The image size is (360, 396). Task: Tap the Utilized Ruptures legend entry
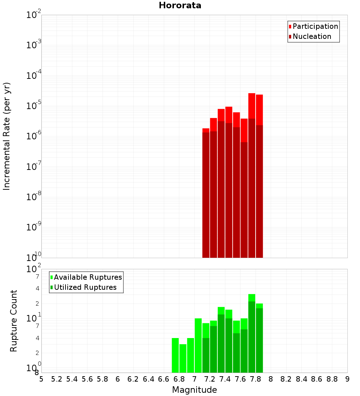pyautogui.click(x=85, y=287)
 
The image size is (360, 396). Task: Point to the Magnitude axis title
pyautogui.click(x=194, y=390)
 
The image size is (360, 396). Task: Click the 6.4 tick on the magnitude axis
pyautogui.click(x=148, y=379)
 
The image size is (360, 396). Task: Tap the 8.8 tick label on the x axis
pyautogui.click(x=332, y=379)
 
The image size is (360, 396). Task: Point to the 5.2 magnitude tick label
pyautogui.click(x=57, y=379)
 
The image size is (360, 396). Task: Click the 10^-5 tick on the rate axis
pyautogui.click(x=34, y=105)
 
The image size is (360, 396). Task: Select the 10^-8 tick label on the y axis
pyautogui.click(x=34, y=197)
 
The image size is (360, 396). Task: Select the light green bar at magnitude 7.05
pyautogui.click(x=198, y=346)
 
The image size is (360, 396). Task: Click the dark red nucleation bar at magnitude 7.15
pyautogui.click(x=206, y=194)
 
